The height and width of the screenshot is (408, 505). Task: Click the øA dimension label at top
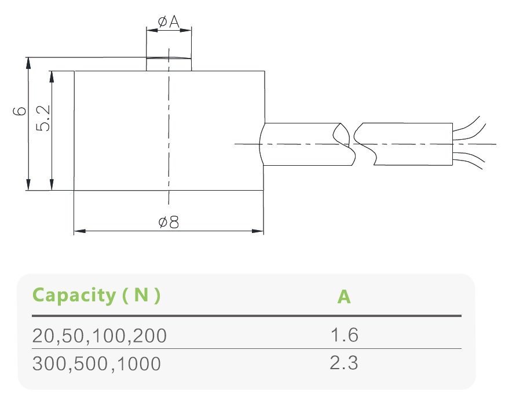168,22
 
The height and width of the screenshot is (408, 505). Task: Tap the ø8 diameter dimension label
168,223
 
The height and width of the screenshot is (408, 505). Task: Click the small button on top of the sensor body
169,64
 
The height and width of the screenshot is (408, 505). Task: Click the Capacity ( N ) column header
96,295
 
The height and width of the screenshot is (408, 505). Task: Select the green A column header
344,297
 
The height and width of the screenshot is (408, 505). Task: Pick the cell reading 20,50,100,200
100,336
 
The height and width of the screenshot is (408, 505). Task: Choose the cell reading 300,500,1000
96,364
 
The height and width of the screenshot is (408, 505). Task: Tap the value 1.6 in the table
344,335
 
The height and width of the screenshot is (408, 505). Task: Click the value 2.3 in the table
344,363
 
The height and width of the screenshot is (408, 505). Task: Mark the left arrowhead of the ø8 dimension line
79,231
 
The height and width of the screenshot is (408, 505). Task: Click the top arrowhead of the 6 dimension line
28,62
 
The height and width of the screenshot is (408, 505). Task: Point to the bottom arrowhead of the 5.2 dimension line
52,185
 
